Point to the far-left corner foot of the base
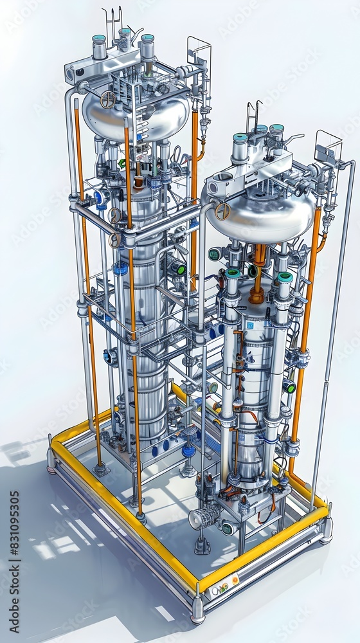click(x=51, y=460)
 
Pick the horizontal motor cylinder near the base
click(x=204, y=516)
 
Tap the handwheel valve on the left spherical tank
click(x=108, y=100)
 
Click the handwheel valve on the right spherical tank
click(x=222, y=211)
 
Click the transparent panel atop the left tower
click(x=199, y=52)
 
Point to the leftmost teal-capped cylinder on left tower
click(x=99, y=46)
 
